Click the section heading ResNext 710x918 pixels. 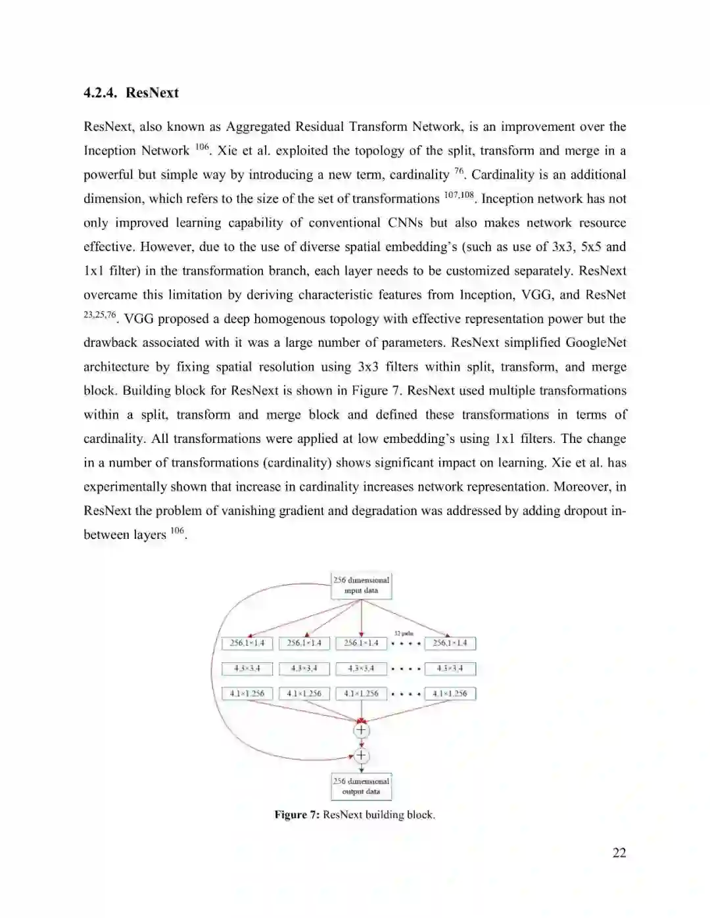(152, 93)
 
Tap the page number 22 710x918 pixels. (619, 853)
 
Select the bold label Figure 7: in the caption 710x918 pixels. (296, 815)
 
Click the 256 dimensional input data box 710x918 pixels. (361, 585)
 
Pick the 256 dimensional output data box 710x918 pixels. (361, 787)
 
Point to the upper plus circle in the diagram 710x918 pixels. (361, 730)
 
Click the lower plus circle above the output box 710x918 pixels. (361, 756)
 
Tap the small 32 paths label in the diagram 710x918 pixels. (403, 633)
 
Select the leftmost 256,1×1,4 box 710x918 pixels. (247, 643)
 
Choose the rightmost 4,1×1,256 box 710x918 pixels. (450, 693)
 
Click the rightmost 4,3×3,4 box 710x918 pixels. (450, 669)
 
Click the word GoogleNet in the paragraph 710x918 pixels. (596, 342)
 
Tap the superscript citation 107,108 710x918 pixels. (458, 195)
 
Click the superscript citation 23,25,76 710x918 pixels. (99, 315)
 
